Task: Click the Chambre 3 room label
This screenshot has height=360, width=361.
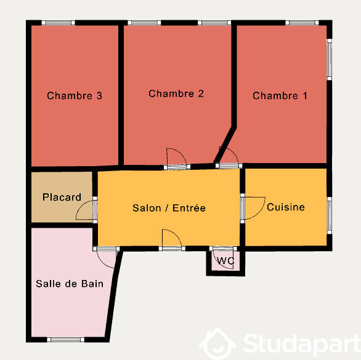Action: click(x=75, y=96)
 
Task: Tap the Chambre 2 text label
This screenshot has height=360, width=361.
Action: click(x=176, y=94)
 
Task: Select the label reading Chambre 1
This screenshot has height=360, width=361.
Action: click(x=280, y=96)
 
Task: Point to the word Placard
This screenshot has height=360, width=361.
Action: click(x=62, y=198)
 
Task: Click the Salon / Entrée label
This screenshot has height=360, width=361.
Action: click(x=169, y=208)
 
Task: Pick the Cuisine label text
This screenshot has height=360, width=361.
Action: click(x=286, y=207)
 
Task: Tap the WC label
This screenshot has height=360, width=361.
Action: click(x=226, y=261)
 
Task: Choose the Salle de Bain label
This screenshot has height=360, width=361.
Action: click(x=70, y=284)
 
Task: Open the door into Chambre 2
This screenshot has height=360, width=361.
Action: click(x=176, y=159)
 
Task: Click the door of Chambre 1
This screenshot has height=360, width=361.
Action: click(x=228, y=158)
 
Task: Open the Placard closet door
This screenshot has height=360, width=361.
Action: click(x=87, y=210)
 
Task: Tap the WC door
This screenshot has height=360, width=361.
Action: click(x=220, y=255)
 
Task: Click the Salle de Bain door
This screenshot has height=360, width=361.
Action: click(x=107, y=256)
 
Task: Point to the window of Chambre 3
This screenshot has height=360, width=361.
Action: click(x=59, y=23)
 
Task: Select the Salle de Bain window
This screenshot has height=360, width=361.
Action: click(x=66, y=339)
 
